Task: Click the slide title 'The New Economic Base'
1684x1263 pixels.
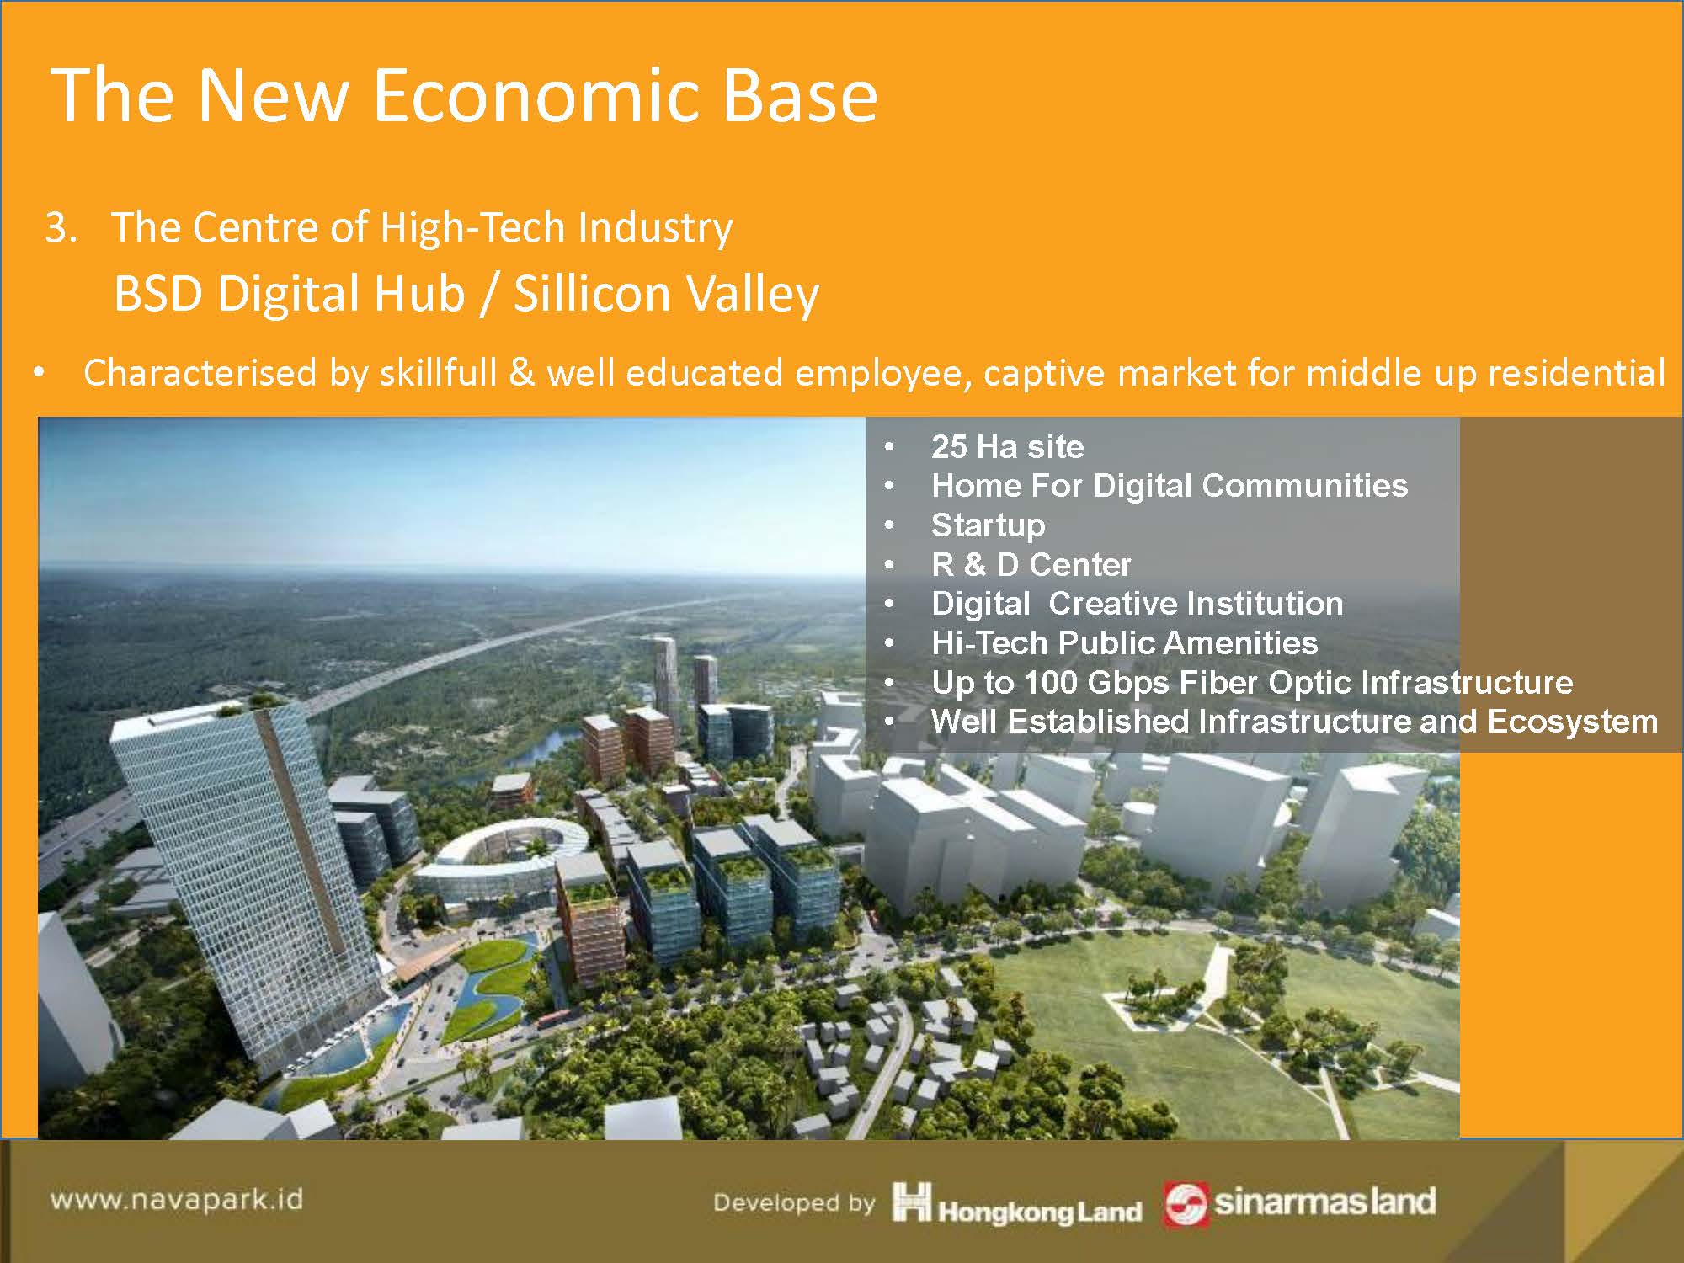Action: [x=464, y=94]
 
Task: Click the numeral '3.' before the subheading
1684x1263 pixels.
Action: [x=61, y=228]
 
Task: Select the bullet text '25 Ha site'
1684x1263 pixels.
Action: [x=1007, y=446]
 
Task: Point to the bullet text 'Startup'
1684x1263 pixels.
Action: [x=988, y=525]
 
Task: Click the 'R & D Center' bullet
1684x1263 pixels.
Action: [x=1031, y=564]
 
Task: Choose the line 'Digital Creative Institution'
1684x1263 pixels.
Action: [x=1137, y=604]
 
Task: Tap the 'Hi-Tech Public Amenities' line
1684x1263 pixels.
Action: [x=1124, y=643]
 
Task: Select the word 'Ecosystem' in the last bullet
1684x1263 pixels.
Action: [x=1572, y=722]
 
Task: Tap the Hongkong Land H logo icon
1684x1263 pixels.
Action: [x=911, y=1202]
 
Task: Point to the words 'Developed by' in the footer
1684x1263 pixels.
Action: [x=794, y=1202]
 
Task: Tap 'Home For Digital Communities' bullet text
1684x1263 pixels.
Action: [x=1170, y=486]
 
